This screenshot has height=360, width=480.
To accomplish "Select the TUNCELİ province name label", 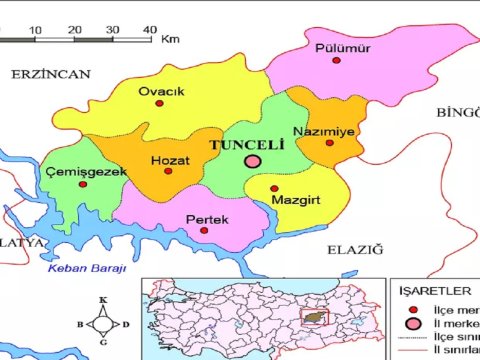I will [246, 144].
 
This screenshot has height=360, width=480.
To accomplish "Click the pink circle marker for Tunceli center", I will [253, 160].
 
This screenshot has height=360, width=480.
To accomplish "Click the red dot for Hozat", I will [168, 172].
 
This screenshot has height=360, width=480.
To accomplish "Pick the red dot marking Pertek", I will [205, 230].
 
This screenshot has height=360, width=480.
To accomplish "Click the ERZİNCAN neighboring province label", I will [51, 74].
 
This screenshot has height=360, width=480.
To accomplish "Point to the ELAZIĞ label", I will [354, 248].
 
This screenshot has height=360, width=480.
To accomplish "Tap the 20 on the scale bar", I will [74, 30].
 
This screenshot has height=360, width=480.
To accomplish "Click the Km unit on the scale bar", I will [169, 39].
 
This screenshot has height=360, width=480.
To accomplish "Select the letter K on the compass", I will [103, 300].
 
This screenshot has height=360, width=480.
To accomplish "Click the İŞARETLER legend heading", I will [435, 290].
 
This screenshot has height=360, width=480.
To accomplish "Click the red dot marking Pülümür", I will [337, 61].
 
